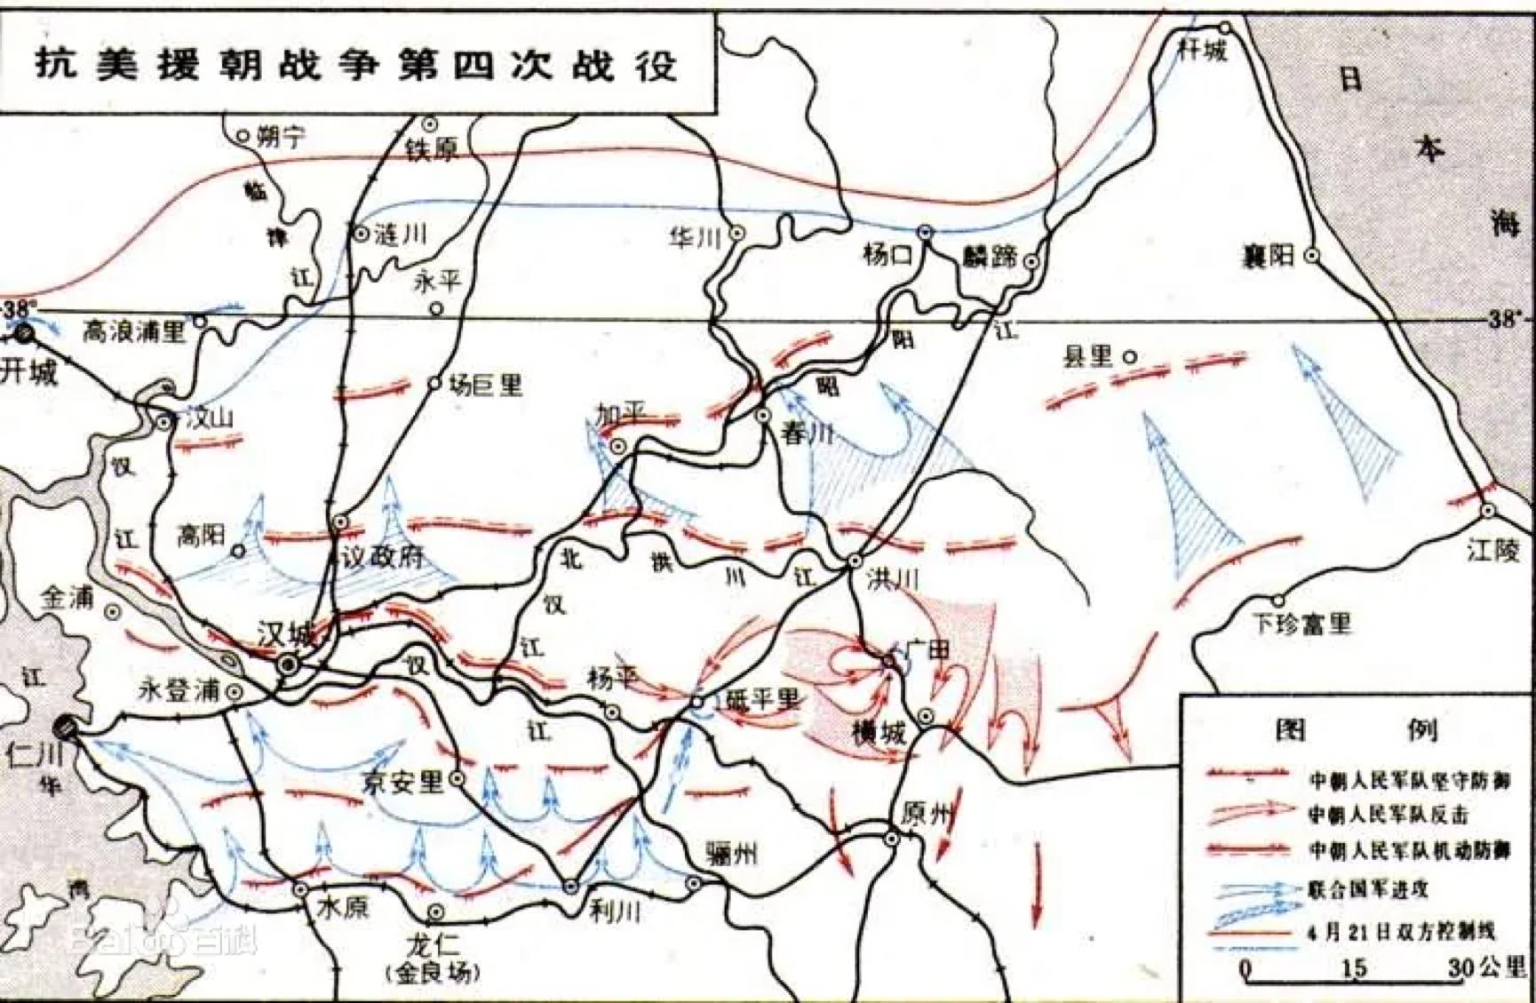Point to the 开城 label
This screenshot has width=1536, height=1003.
click(x=28, y=371)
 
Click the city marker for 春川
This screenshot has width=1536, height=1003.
click(x=763, y=415)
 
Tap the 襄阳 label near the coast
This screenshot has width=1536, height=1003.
click(x=1268, y=259)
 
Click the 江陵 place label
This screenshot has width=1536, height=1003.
click(x=1492, y=550)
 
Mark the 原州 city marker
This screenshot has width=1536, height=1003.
click(x=891, y=838)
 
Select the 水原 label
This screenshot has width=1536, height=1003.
click(x=343, y=908)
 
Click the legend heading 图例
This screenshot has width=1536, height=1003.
click(x=1356, y=729)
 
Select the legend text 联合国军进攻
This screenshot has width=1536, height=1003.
click(x=1368, y=889)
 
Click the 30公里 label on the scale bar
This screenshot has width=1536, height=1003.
click(x=1485, y=967)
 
